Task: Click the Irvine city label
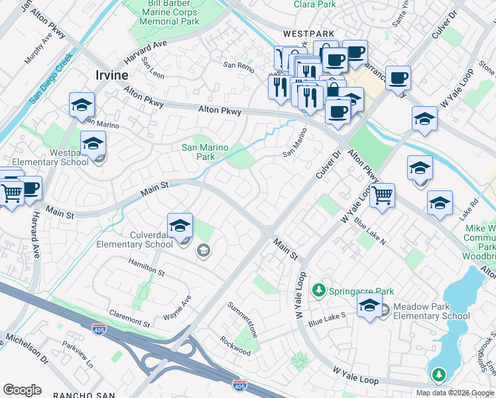111,75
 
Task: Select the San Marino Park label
207,152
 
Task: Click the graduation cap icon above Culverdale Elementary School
180,226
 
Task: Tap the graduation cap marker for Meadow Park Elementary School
369,306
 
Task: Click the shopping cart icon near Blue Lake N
382,196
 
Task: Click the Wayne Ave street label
177,308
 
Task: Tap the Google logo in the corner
22,390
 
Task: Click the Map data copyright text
454,393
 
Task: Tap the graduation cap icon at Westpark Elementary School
93,143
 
